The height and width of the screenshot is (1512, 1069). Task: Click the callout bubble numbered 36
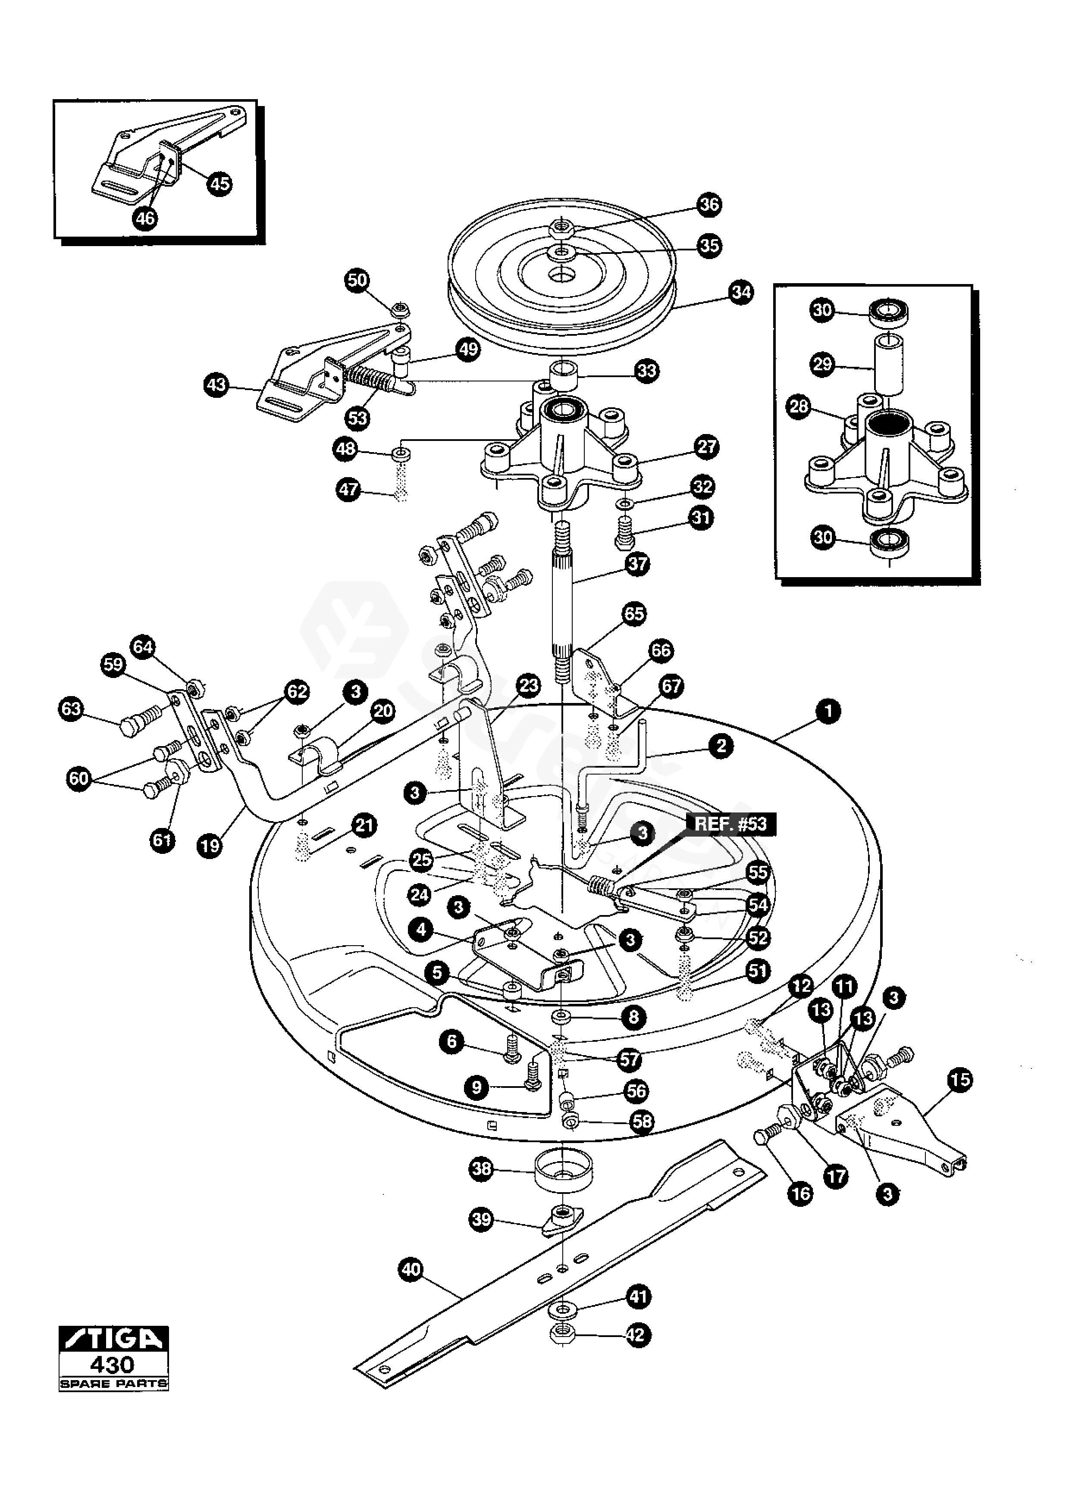tap(709, 205)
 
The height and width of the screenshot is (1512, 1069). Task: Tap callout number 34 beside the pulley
tap(741, 292)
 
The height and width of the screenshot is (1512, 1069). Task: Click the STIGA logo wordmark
tap(113, 1339)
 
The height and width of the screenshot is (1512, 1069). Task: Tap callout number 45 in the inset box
tap(219, 183)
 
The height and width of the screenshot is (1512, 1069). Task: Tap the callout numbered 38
tap(482, 1169)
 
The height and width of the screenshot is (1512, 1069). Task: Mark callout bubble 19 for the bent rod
tap(210, 846)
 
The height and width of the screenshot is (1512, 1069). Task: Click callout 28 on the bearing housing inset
tap(799, 406)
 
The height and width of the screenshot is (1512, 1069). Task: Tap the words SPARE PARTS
tap(113, 1384)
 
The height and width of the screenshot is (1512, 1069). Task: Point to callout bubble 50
tap(357, 280)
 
